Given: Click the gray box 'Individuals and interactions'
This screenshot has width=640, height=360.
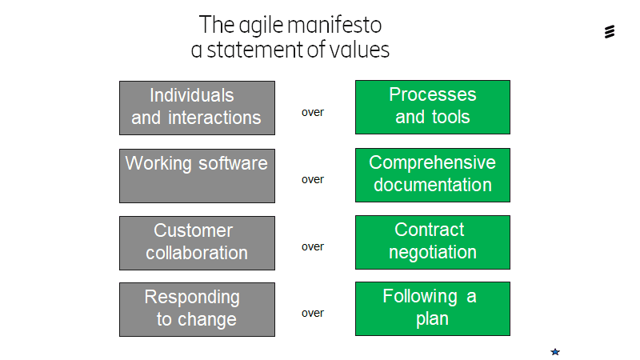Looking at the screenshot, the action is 197,108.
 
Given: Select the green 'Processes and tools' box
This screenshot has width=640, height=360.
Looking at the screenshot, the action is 433,107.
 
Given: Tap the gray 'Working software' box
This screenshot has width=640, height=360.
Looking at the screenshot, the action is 197,176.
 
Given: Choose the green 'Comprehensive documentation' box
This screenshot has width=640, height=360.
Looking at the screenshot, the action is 433,175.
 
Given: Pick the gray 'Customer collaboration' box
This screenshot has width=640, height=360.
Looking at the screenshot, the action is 197,243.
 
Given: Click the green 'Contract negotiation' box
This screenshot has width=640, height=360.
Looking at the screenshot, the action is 433,242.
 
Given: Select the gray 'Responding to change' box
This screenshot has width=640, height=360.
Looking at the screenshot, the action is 197,310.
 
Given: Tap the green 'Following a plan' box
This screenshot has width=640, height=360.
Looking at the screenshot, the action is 433,309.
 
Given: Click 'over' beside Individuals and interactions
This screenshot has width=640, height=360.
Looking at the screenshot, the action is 313,113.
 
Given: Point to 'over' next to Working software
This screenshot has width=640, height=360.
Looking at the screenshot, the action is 313,180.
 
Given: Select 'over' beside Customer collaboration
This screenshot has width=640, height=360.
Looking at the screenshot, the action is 313,247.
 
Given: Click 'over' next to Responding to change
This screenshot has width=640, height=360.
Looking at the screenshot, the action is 313,314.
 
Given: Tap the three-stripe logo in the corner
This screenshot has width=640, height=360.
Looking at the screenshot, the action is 610,32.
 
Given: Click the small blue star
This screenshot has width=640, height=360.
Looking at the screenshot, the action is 555,352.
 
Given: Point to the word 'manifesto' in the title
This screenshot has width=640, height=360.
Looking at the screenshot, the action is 334,25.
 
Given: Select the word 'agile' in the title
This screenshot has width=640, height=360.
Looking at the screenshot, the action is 261,26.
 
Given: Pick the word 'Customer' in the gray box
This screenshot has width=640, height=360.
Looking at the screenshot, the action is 193,230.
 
